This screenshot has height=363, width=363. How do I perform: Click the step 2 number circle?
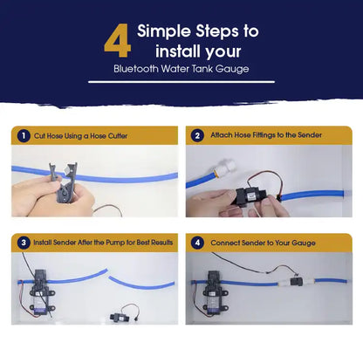[x=197, y=135]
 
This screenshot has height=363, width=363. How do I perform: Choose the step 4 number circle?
[x=197, y=242]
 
